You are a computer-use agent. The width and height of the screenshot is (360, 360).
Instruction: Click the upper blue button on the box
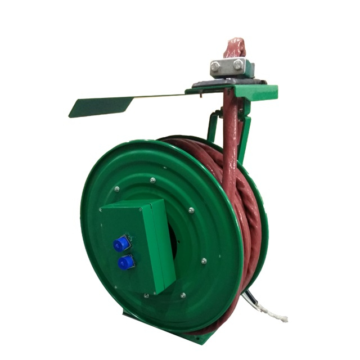coord(120,244)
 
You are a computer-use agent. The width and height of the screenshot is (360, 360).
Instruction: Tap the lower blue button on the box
coord(125,263)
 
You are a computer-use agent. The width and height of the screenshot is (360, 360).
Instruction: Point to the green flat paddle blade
coord(101,106)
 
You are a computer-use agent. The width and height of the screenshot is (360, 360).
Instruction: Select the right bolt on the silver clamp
coord(238,64)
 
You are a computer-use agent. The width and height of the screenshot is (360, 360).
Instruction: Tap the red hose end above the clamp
coord(234,48)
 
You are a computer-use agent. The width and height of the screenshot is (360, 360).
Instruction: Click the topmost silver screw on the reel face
coord(152,181)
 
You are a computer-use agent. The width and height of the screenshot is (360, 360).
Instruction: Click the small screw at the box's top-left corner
coord(101,210)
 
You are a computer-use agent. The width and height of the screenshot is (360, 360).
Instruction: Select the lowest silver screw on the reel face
coord(182,295)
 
